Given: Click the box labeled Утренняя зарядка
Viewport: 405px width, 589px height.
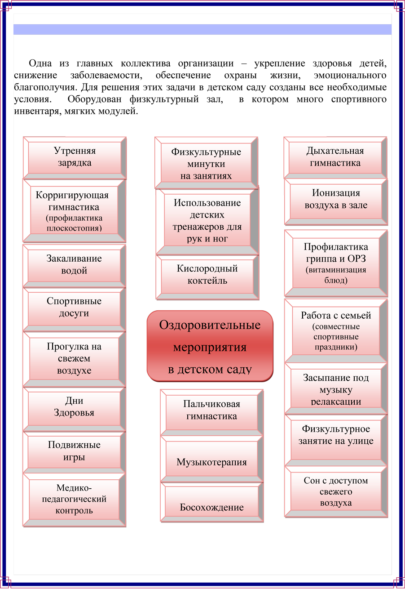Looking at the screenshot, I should pyautogui.click(x=75, y=157).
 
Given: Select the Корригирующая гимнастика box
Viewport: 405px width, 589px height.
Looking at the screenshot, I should pyautogui.click(x=74, y=210).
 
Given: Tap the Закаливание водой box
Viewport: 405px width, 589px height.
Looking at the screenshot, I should pyautogui.click(x=74, y=265).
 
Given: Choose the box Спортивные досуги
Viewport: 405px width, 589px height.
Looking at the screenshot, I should pyautogui.click(x=74, y=308).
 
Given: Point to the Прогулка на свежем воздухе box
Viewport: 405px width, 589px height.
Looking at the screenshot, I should pyautogui.click(x=74, y=358).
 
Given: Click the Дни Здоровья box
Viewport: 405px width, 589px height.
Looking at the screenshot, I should pyautogui.click(x=74, y=407).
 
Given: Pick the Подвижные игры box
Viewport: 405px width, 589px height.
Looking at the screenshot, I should pyautogui.click(x=74, y=451).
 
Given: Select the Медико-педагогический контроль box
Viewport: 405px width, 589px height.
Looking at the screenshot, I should pyautogui.click(x=74, y=499).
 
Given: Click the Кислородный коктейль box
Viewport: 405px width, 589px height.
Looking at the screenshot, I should pyautogui.click(x=207, y=275).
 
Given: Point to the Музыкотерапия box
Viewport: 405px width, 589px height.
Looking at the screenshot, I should pyautogui.click(x=211, y=462).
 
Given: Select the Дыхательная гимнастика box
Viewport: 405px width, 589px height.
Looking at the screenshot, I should pyautogui.click(x=335, y=157).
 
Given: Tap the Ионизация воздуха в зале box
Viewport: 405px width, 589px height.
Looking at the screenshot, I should pyautogui.click(x=336, y=199).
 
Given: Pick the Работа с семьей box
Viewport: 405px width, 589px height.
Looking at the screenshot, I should pyautogui.click(x=336, y=331).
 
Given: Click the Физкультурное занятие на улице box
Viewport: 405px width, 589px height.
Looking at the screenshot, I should pyautogui.click(x=336, y=435).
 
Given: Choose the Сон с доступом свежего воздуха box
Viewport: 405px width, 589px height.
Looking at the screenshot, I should pyautogui.click(x=336, y=491).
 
